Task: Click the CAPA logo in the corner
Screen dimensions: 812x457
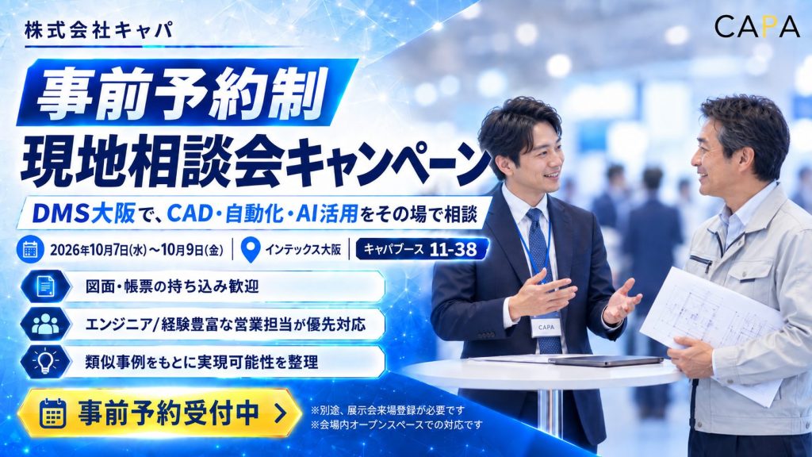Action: pos(757,27)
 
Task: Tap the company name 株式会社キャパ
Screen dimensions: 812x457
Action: pos(99,31)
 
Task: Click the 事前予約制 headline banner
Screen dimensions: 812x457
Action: pos(187,93)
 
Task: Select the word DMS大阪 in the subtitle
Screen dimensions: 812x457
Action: pos(84,213)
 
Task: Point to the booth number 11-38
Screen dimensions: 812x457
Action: pos(453,249)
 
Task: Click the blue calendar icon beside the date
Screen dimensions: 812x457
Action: pos(30,250)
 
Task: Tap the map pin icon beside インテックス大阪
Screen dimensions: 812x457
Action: pos(251,250)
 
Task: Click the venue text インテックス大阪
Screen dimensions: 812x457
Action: pos(303,250)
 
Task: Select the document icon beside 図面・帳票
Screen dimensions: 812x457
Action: pos(45,286)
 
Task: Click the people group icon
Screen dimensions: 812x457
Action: pos(45,324)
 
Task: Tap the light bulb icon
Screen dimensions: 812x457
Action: pos(45,361)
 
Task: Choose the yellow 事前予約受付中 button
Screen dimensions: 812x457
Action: pos(160,413)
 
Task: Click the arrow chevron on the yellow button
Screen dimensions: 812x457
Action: pos(280,413)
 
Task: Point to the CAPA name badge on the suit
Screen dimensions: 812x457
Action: pos(546,328)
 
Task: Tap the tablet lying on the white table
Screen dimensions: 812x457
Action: pos(605,361)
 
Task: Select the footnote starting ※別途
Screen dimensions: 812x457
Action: pos(387,410)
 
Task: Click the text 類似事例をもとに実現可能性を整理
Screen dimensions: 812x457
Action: pos(201,362)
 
